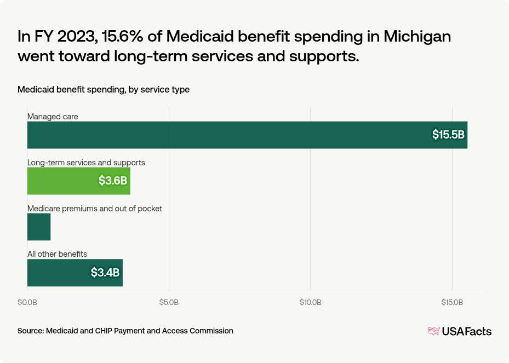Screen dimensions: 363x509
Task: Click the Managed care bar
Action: (x=247, y=135)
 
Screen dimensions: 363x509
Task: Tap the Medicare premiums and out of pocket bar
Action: (x=39, y=227)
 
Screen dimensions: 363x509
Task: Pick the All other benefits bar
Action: (x=75, y=273)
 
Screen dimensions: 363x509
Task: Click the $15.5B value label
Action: (x=448, y=135)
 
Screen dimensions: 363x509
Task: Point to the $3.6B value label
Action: (x=114, y=181)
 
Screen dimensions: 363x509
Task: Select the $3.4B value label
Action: (x=105, y=273)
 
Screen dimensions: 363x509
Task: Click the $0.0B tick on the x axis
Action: (x=27, y=302)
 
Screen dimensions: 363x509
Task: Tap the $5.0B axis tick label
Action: (x=169, y=302)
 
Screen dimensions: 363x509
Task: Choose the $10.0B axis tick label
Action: (x=310, y=302)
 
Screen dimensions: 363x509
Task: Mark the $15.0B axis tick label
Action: (x=452, y=302)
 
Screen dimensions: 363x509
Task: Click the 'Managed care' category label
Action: (x=53, y=117)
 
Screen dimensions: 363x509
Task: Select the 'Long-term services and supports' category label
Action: (x=86, y=163)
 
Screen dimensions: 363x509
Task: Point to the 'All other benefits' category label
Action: (x=58, y=254)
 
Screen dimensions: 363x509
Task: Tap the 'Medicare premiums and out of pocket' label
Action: (x=95, y=209)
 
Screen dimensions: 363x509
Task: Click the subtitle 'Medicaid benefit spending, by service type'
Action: (x=104, y=89)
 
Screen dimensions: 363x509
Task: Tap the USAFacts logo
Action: (x=459, y=331)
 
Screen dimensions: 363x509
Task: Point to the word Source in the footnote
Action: (x=30, y=331)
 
